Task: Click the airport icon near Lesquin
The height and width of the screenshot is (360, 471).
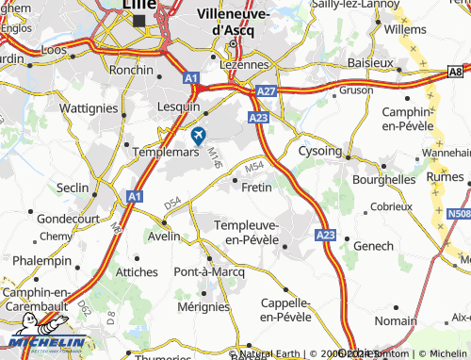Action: tap(198, 136)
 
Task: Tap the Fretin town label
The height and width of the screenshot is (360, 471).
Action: tap(256, 187)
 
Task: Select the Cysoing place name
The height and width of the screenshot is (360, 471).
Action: tap(319, 151)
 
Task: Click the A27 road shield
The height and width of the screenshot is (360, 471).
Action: tap(267, 90)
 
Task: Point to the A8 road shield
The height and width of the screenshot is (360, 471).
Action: tap(456, 72)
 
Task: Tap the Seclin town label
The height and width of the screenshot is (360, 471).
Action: tap(73, 187)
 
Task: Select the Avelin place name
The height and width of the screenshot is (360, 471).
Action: tap(163, 236)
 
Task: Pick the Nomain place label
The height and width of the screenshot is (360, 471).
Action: tap(395, 321)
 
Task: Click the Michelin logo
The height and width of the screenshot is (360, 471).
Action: tap(47, 342)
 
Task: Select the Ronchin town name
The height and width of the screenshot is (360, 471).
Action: tap(132, 69)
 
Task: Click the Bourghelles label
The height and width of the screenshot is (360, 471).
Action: tap(383, 178)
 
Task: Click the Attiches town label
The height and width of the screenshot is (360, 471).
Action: tap(136, 271)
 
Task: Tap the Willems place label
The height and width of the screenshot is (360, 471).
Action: tap(406, 29)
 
